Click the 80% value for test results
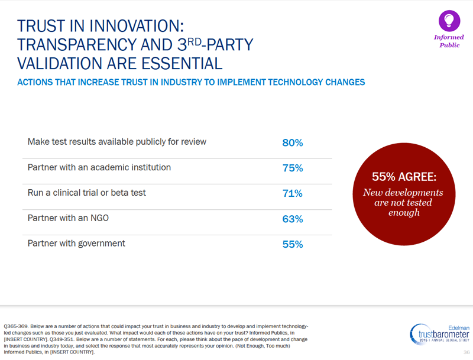293,143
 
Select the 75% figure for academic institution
293,168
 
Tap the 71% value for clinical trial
293,194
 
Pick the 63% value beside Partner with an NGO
293,219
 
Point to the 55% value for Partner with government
293,244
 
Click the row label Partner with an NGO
68,218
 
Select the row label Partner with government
76,243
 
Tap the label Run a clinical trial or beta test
87,193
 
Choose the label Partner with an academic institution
99,167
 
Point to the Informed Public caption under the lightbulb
449,41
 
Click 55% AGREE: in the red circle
404,177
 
